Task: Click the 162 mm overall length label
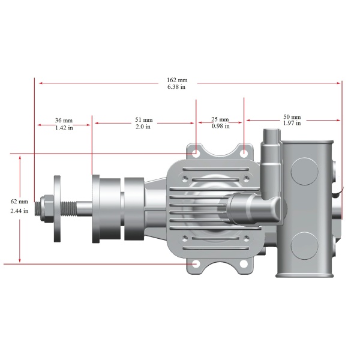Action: click(x=177, y=80)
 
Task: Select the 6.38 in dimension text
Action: click(x=176, y=87)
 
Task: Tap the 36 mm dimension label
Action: click(x=64, y=121)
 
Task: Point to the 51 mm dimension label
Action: click(x=144, y=120)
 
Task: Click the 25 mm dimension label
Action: click(x=220, y=119)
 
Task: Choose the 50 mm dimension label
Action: click(x=292, y=117)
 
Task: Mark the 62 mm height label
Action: click(x=19, y=202)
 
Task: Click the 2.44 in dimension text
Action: click(x=19, y=211)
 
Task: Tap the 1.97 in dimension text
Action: click(x=292, y=123)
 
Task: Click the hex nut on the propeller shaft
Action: click(x=46, y=208)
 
